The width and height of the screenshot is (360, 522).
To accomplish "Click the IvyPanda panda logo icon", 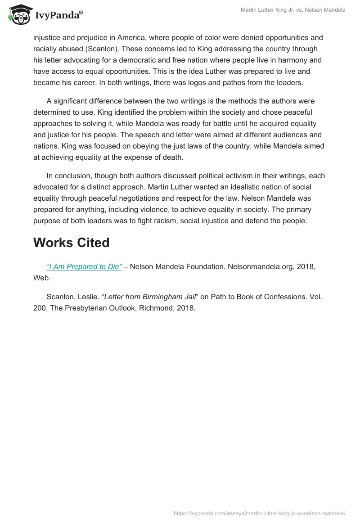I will tap(18, 15).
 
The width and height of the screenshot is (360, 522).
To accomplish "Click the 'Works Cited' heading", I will tap(72, 243).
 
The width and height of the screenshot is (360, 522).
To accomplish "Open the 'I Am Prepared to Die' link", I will tap(84, 267).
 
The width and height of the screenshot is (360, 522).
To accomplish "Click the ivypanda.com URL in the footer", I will tap(259, 513).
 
